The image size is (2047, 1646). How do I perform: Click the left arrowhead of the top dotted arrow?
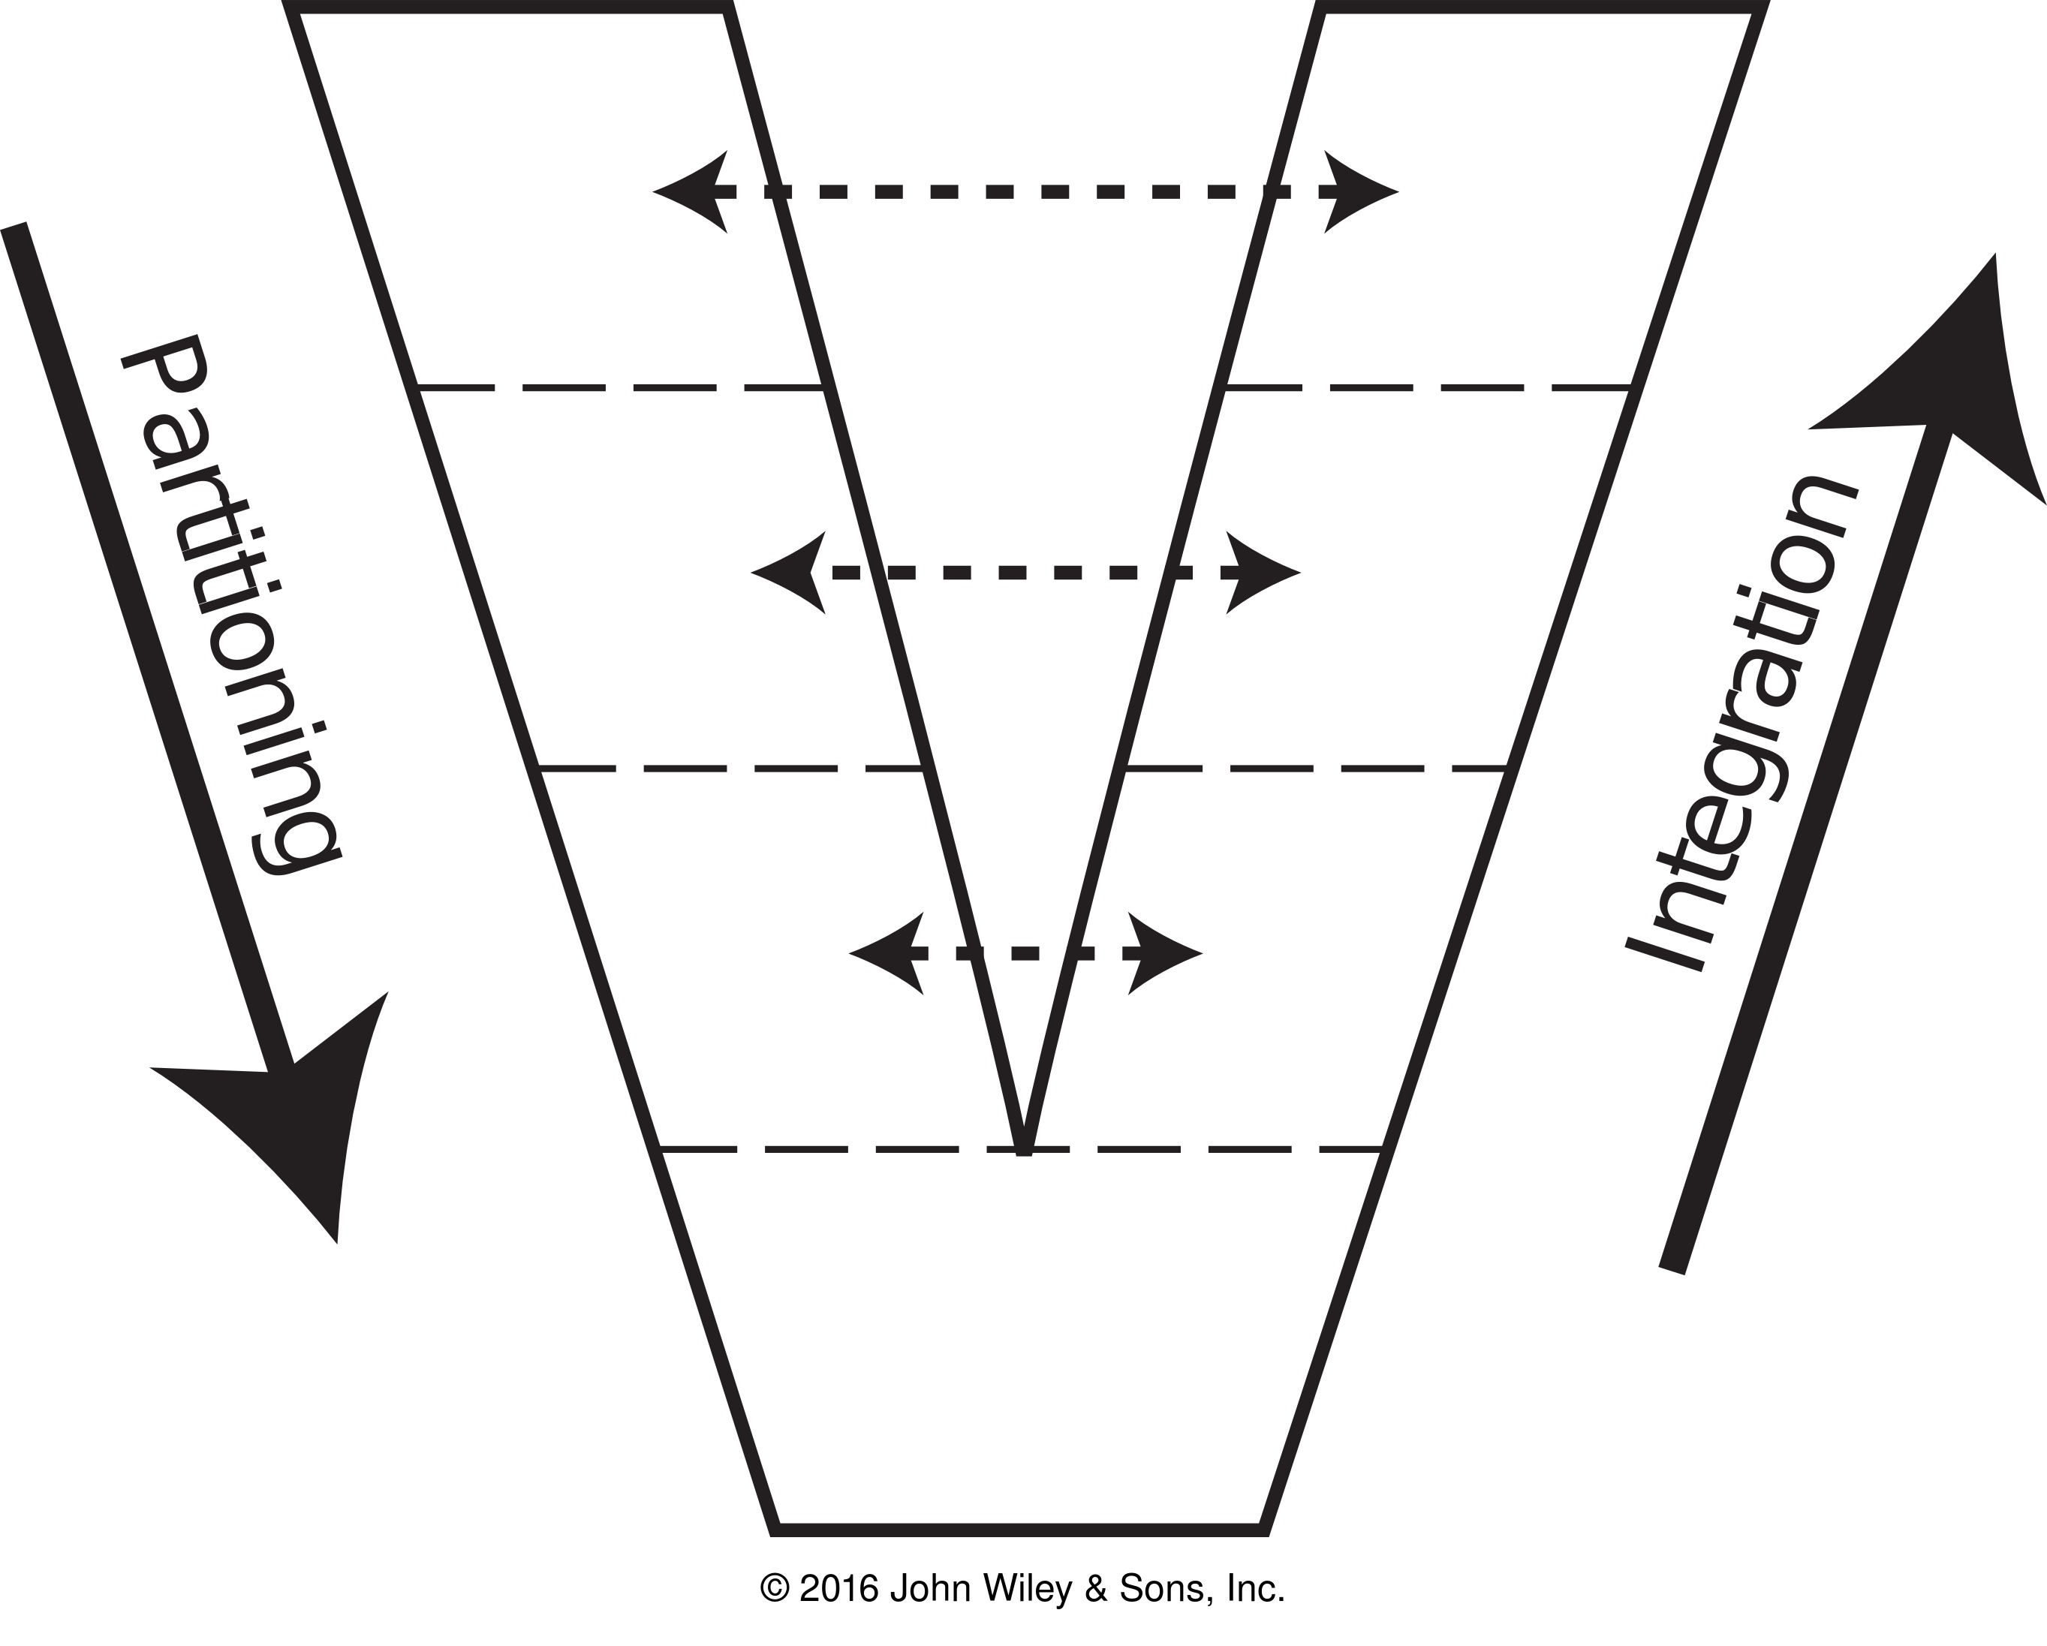coord(691,191)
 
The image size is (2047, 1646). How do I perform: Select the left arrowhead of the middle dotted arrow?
coord(788,573)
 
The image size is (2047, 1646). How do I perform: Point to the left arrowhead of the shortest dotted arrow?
coord(886,953)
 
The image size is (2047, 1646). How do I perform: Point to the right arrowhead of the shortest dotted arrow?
coord(1165,953)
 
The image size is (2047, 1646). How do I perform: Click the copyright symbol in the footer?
coord(775,1588)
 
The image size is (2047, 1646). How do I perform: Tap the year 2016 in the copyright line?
coord(839,1588)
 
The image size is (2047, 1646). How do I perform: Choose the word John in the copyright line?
coord(926,1588)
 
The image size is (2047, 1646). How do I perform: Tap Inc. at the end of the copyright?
coord(1255,1588)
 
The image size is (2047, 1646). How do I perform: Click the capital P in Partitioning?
coord(165,375)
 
